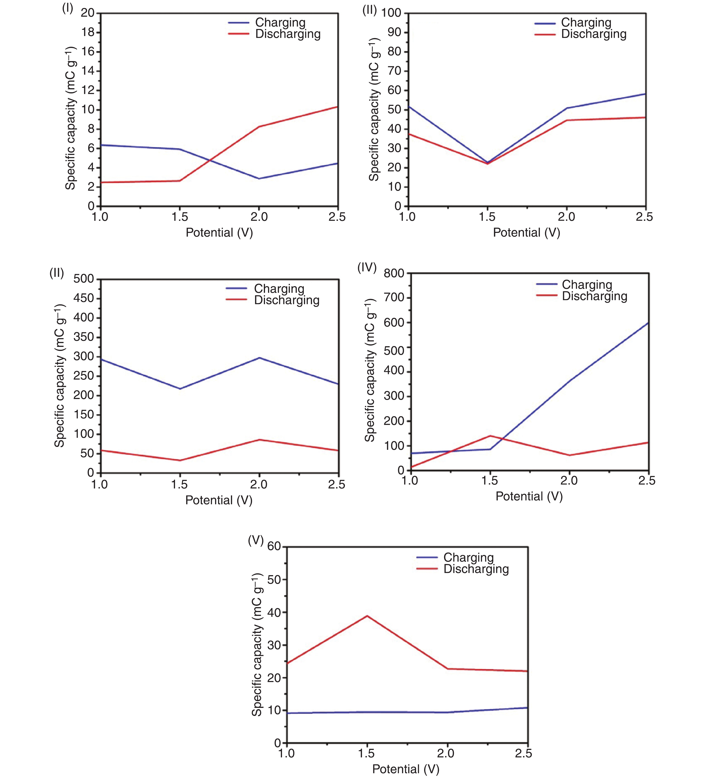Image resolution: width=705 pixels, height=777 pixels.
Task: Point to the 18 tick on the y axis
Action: pyautogui.click(x=88, y=32)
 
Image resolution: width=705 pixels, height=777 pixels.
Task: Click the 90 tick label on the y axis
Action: pyautogui.click(x=394, y=32)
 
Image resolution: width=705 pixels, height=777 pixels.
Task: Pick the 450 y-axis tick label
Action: pyautogui.click(x=84, y=298)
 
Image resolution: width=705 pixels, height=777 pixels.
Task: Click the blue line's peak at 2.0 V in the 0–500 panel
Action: pyautogui.click(x=259, y=358)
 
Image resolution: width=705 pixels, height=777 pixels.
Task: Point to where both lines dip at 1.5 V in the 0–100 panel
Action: pyautogui.click(x=488, y=163)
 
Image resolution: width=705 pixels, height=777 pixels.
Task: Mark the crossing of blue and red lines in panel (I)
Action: pyautogui.click(x=210, y=160)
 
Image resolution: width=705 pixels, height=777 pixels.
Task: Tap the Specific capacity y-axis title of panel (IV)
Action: pyautogui.click(x=370, y=370)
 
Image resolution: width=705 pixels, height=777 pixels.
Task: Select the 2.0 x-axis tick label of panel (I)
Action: pyautogui.click(x=259, y=217)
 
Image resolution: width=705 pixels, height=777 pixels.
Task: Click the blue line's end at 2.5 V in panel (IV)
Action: pyautogui.click(x=648, y=323)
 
